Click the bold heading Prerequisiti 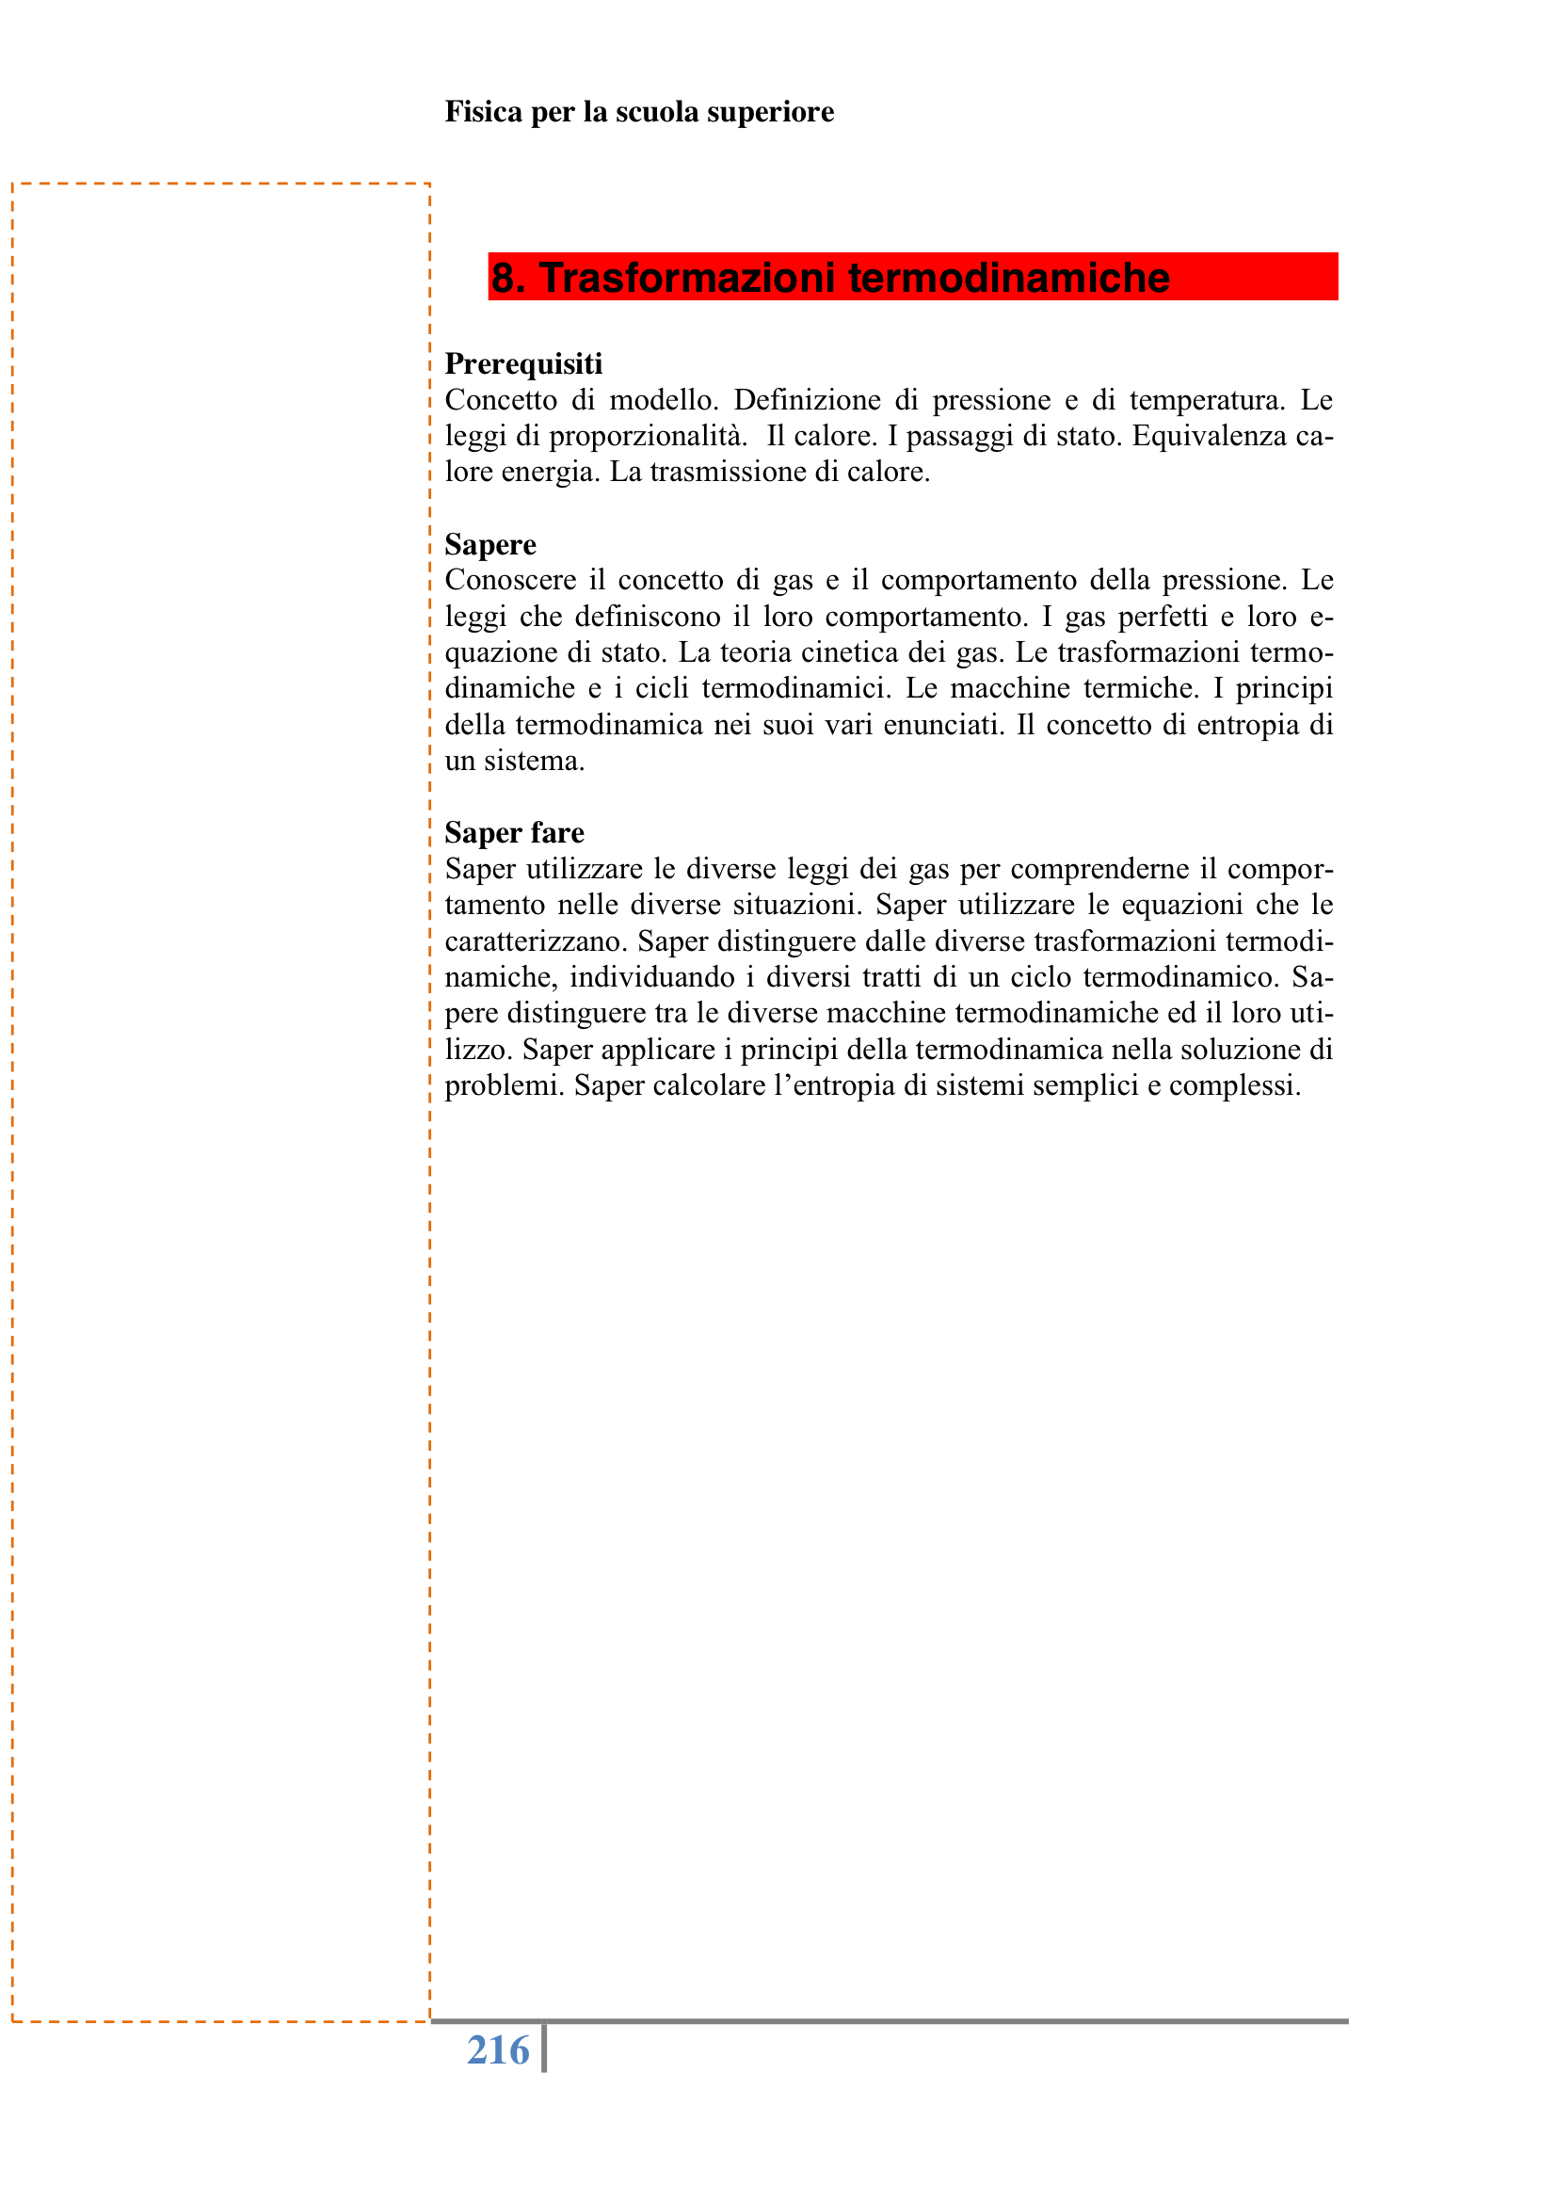coord(523,363)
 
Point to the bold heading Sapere coord(489,544)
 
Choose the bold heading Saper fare coord(514,832)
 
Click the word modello coord(664,400)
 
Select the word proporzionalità coord(648,436)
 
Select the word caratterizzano coord(533,941)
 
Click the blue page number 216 coord(498,2050)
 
